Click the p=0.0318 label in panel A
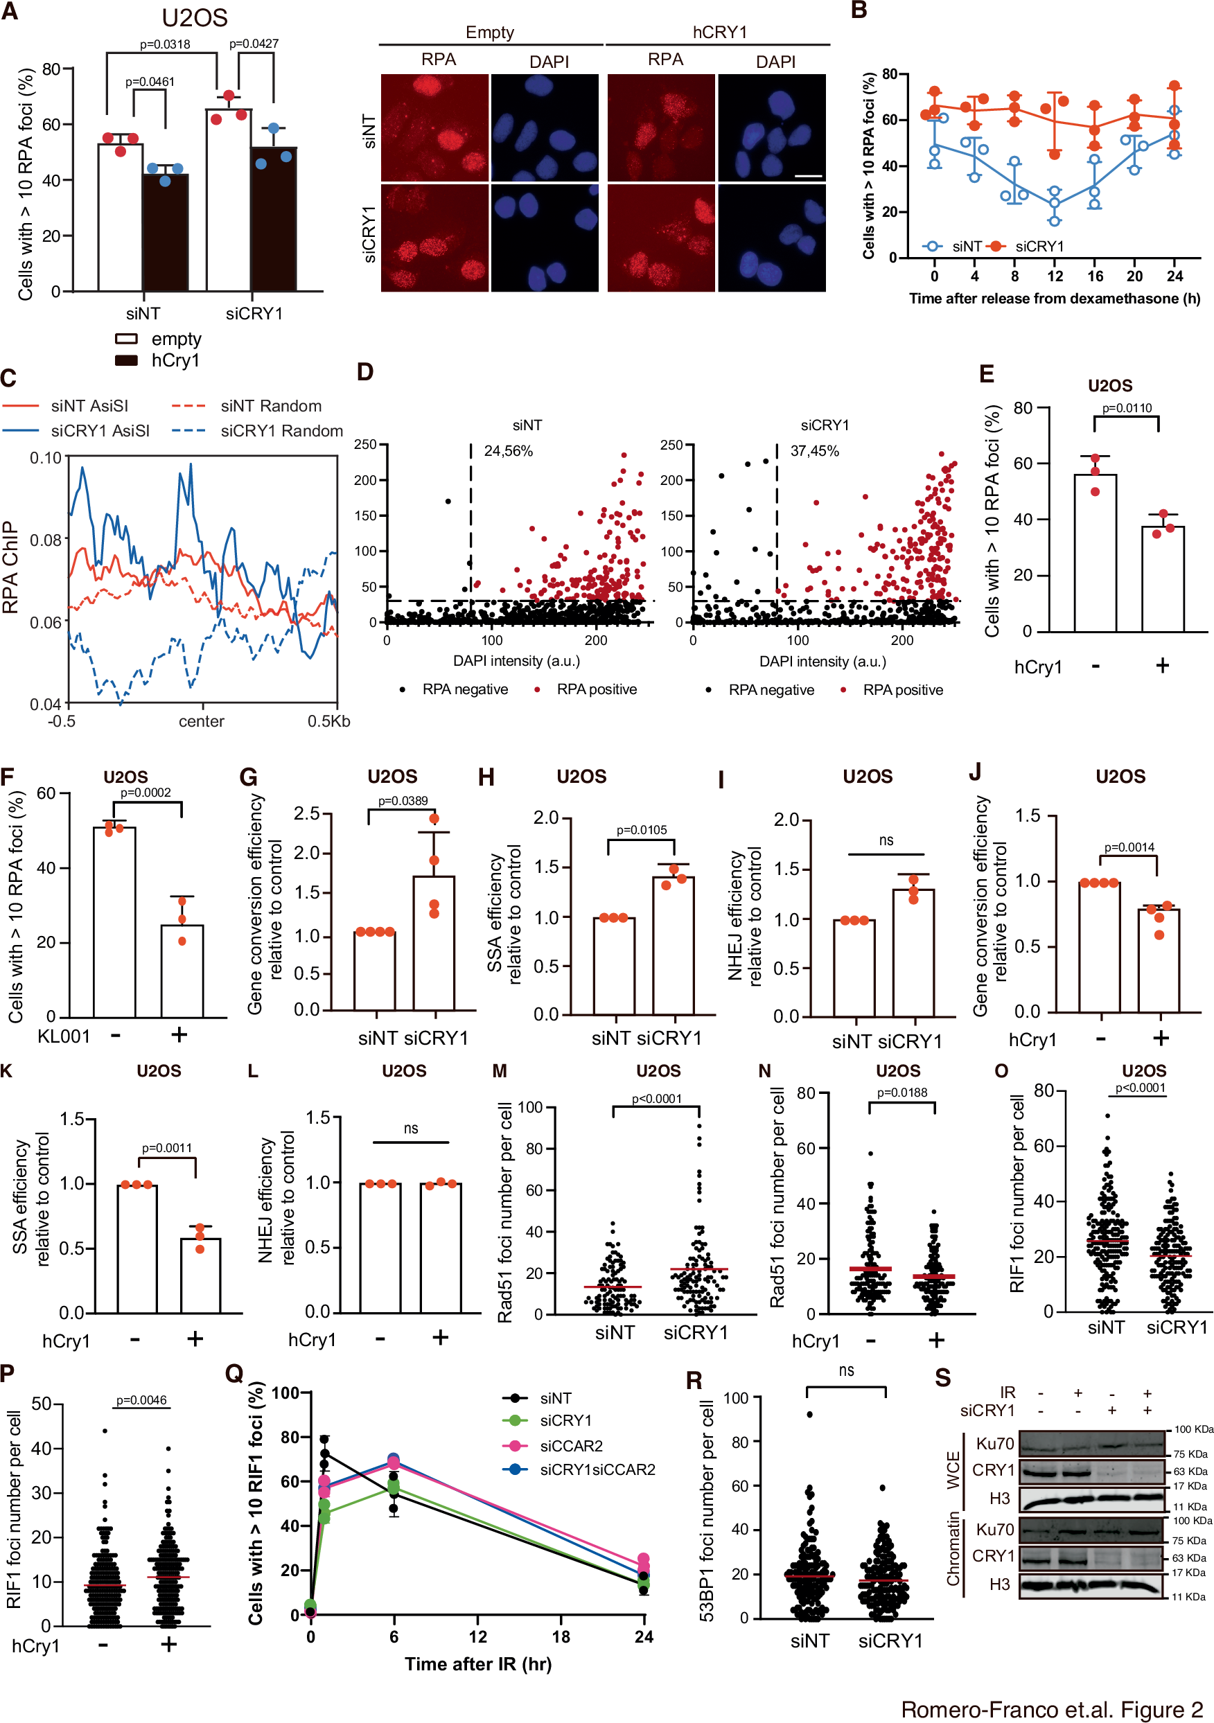tap(164, 44)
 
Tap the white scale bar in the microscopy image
tap(808, 177)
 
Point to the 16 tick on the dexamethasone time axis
tap(1095, 276)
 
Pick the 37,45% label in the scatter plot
tap(815, 451)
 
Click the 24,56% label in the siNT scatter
tap(509, 451)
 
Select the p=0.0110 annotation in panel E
tap(1126, 408)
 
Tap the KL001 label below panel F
tap(64, 1036)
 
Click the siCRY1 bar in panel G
tap(434, 942)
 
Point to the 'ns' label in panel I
tap(886, 840)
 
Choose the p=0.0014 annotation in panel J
tap(1129, 847)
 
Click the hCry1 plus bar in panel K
tap(200, 1275)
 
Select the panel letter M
tap(500, 1071)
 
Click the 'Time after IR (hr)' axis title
tap(478, 1663)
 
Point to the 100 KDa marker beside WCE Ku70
tap(1193, 1429)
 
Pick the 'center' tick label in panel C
tap(201, 721)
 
